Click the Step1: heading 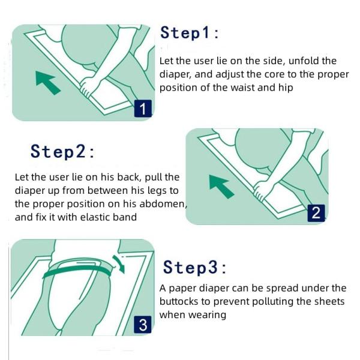tap(190, 33)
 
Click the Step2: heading tap(62, 151)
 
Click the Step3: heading tap(194, 267)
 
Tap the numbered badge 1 tap(143, 109)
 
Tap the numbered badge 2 tap(316, 213)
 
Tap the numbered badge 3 tap(143, 325)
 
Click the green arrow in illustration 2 tap(221, 186)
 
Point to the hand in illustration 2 tap(262, 191)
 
